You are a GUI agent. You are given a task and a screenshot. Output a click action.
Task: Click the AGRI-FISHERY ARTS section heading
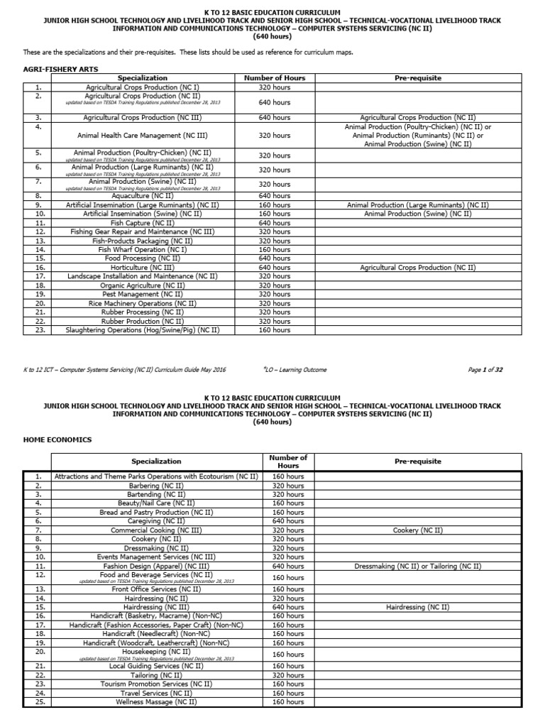(60, 68)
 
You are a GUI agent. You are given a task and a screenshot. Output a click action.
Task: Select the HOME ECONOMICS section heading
(57, 439)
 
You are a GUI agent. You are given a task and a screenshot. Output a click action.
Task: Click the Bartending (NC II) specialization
(156, 494)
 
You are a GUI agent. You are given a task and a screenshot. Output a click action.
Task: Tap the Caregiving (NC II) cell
(156, 521)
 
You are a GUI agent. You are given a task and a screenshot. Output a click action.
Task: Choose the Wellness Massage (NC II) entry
(156, 701)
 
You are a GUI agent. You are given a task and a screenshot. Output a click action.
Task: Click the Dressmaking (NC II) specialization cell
(156, 548)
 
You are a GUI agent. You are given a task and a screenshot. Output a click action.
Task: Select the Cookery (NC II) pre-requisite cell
(417, 530)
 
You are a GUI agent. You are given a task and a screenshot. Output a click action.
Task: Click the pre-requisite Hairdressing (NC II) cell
(417, 607)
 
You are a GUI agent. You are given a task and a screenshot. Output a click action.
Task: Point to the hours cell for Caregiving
(288, 521)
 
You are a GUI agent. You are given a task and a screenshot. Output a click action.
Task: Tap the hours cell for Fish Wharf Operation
(274, 249)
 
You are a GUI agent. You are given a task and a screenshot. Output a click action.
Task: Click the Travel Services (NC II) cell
(156, 693)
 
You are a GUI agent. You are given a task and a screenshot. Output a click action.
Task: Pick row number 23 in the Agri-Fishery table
(40, 329)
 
